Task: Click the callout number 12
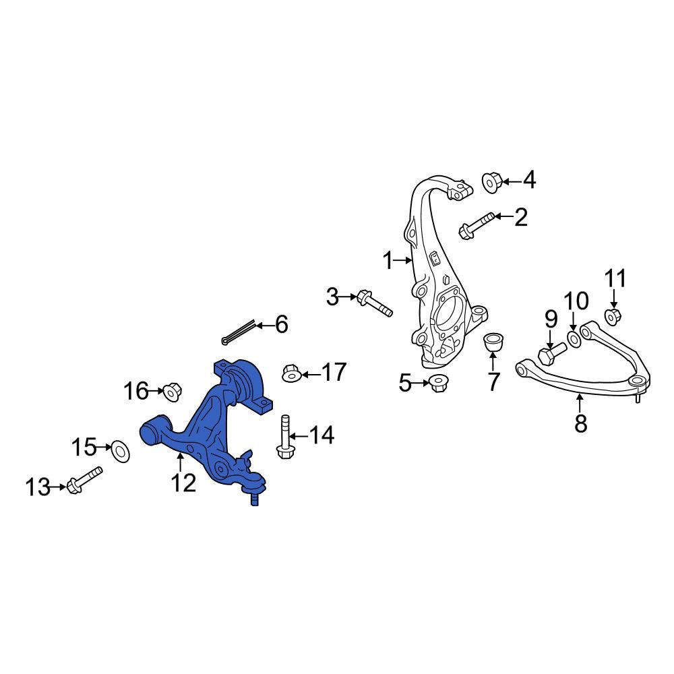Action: point(183,483)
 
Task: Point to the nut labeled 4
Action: point(491,181)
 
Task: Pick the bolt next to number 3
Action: point(375,303)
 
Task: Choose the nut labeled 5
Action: point(438,384)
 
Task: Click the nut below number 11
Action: point(613,315)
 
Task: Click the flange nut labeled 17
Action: point(290,373)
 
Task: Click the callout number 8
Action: point(580,423)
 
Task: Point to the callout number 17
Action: point(334,373)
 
